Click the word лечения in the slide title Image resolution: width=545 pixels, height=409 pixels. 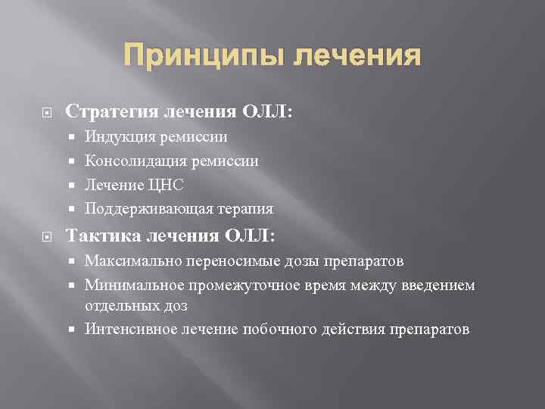(355, 56)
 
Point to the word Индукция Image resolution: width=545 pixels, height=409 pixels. (118, 137)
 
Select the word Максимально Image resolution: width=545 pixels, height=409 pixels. (132, 261)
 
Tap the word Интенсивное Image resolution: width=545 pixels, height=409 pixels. (129, 329)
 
